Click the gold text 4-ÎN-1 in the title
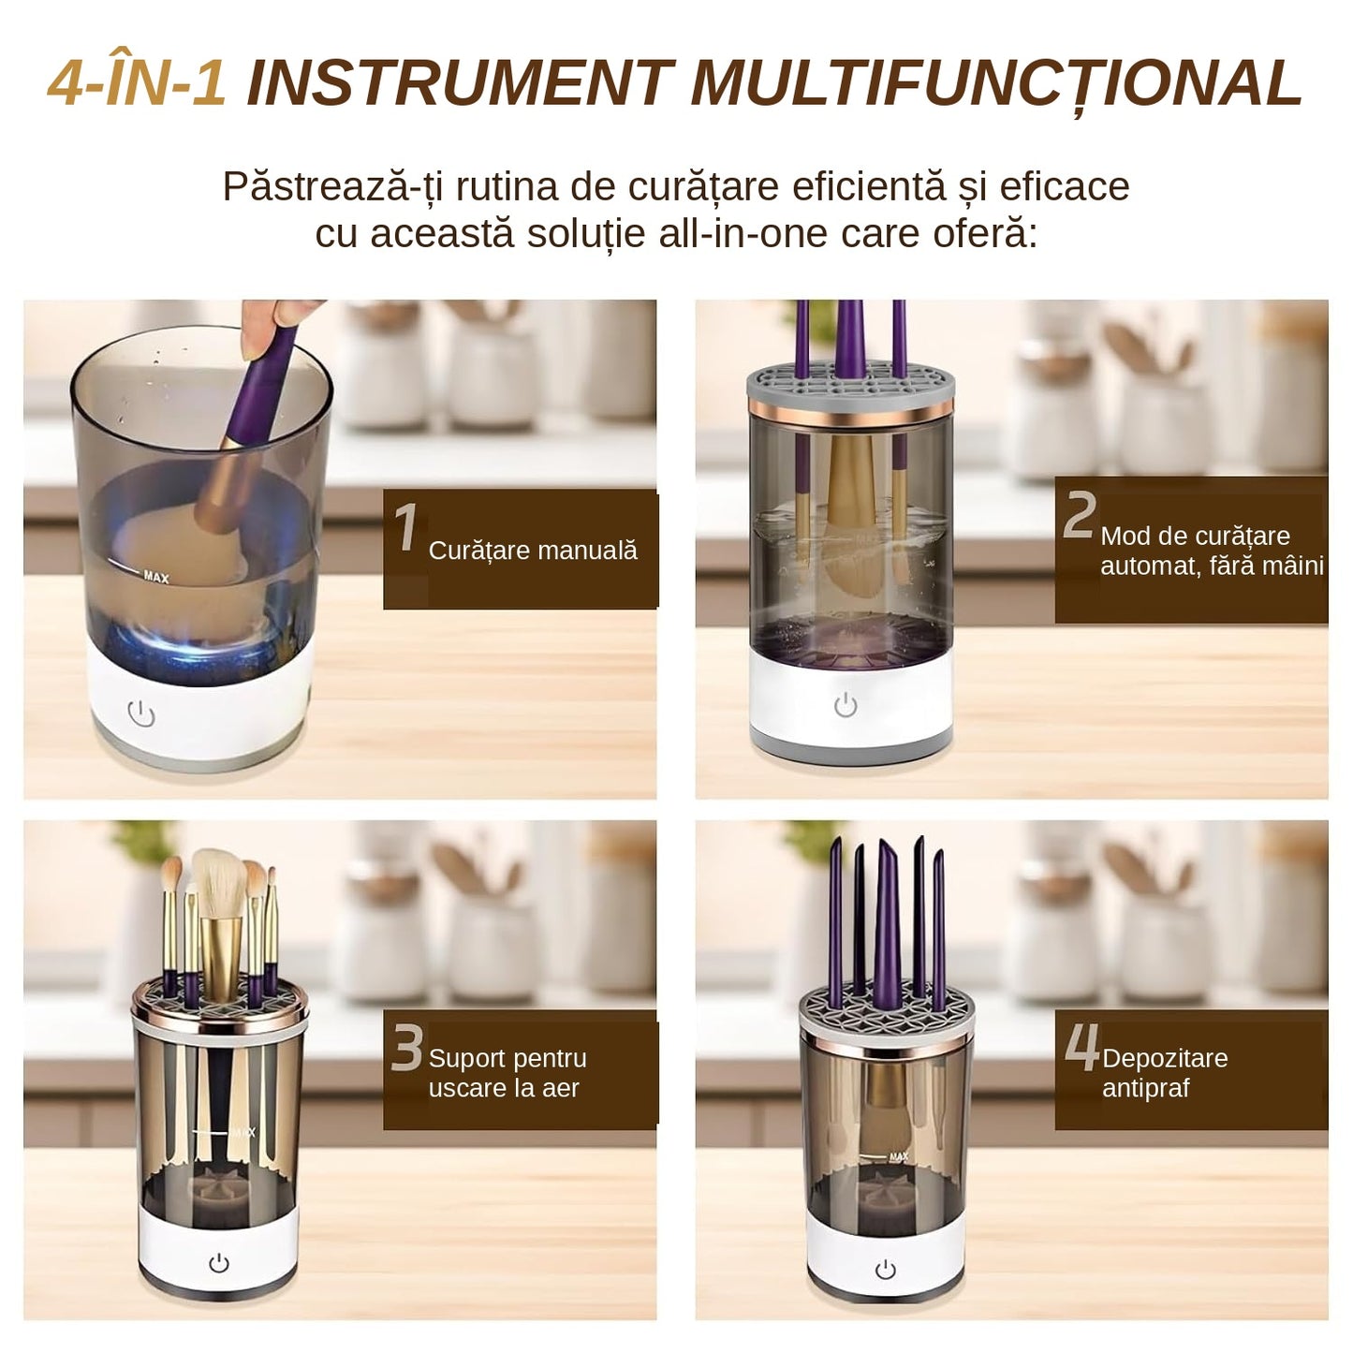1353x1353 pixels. point(137,83)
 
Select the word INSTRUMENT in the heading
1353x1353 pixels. point(461,83)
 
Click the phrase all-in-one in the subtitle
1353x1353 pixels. point(743,233)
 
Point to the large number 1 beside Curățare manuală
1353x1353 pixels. point(406,527)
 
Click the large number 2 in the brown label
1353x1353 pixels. point(1079,514)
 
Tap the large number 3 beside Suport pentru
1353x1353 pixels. point(407,1048)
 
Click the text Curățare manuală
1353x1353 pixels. point(533,551)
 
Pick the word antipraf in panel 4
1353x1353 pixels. point(1145,1088)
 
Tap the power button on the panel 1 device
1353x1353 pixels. point(141,713)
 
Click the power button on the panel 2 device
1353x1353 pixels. point(846,705)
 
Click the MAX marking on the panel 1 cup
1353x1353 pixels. point(155,577)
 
